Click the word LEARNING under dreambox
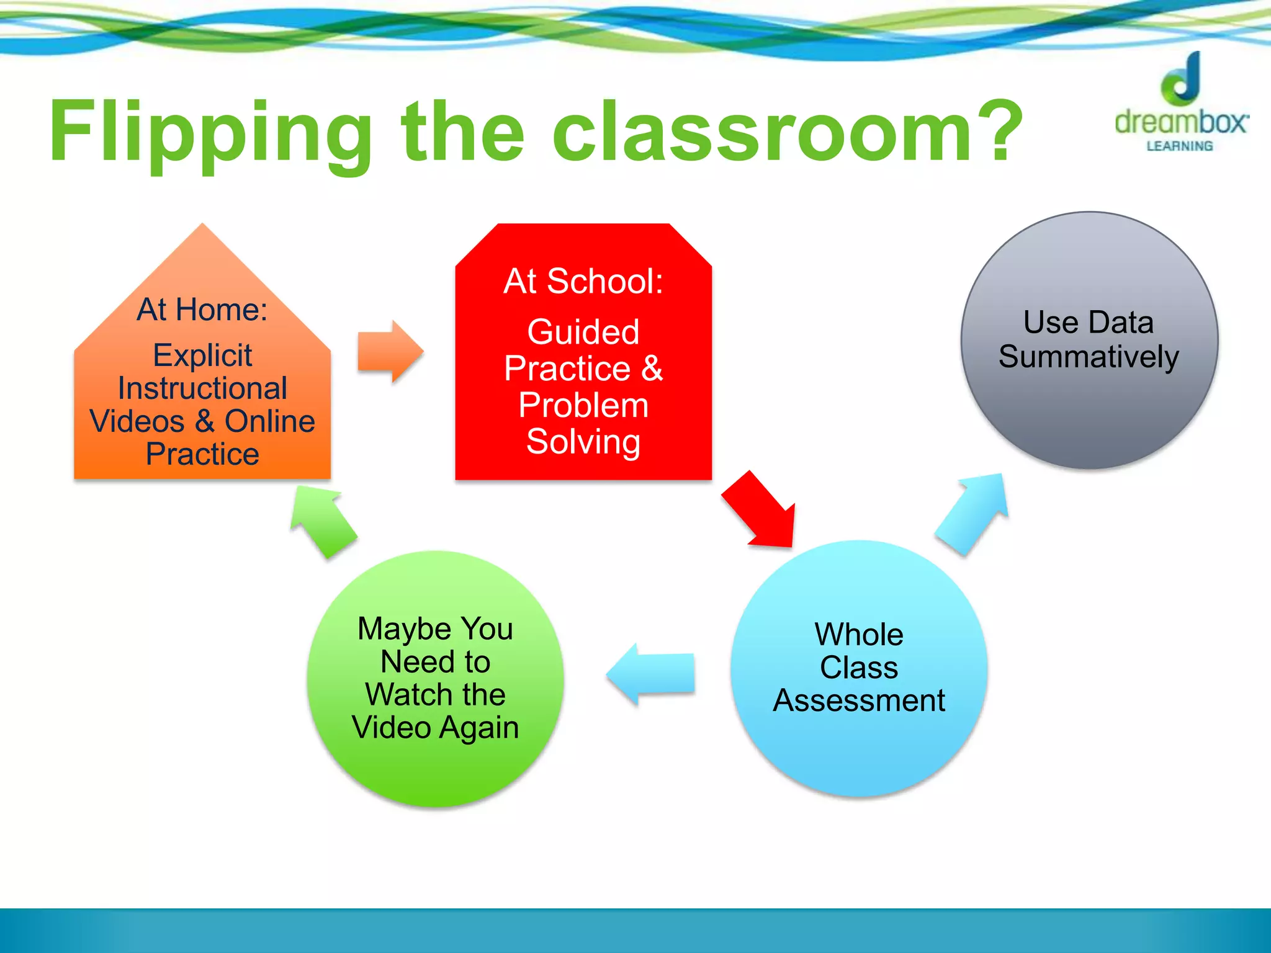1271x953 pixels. [x=1179, y=146]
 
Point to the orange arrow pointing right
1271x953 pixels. [x=390, y=352]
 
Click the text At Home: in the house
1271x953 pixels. [x=202, y=309]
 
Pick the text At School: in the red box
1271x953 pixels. [x=583, y=281]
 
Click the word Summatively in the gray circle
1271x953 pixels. [x=1089, y=357]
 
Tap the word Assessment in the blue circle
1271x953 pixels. [x=859, y=700]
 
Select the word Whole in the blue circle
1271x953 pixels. [x=859, y=635]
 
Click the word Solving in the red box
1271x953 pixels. [x=583, y=442]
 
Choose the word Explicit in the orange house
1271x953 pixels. [x=202, y=356]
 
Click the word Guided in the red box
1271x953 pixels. [x=583, y=332]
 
